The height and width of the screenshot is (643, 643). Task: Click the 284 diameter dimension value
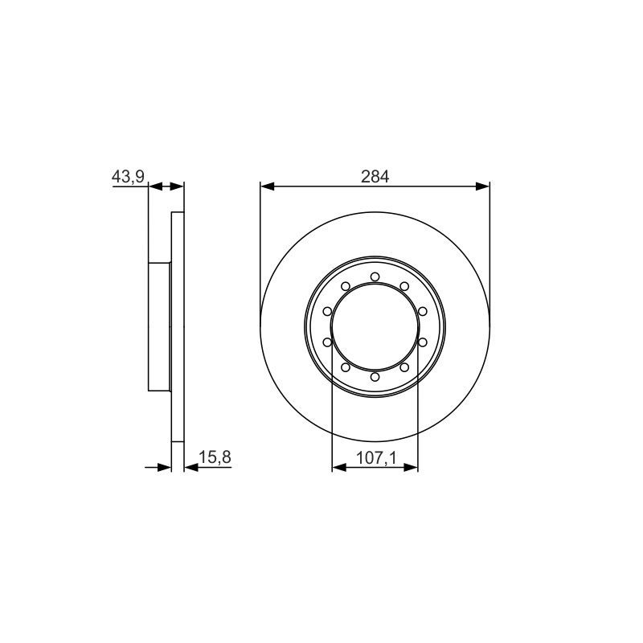[375, 177]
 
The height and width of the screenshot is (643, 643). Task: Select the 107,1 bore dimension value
[376, 457]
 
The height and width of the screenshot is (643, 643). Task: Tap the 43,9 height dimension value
[128, 177]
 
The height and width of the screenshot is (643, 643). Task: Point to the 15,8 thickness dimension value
[215, 457]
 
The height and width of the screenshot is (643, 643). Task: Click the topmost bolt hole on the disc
[375, 276]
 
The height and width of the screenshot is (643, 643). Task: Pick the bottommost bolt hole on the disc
[375, 377]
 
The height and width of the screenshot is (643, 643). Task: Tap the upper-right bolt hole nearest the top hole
[404, 286]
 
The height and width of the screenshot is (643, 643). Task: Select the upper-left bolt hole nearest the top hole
[346, 286]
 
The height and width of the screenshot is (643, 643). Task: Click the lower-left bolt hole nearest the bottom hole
[346, 367]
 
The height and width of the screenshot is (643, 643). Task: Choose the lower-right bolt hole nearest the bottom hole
[404, 367]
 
